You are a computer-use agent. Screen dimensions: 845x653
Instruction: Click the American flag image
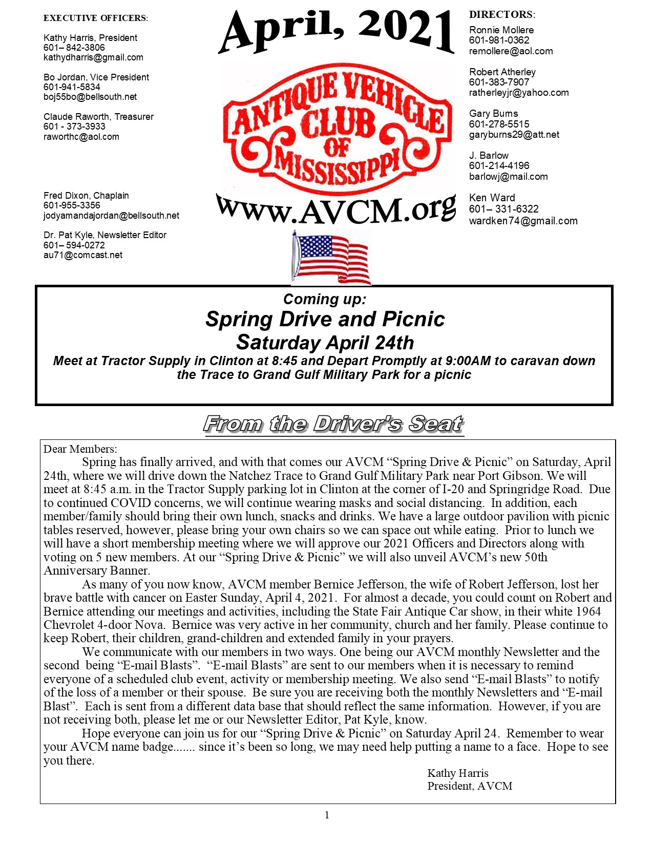click(331, 258)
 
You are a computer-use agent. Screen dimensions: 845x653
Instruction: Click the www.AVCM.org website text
click(336, 209)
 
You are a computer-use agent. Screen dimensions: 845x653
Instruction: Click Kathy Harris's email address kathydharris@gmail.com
click(93, 57)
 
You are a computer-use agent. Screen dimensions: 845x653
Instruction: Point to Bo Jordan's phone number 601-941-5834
click(72, 87)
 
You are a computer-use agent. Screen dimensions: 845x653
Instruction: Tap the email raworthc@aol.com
click(81, 137)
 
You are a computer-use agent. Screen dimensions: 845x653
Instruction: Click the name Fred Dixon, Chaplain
click(86, 196)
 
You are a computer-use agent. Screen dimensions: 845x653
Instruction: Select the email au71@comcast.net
click(83, 255)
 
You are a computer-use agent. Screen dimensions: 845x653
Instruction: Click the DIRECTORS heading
click(502, 15)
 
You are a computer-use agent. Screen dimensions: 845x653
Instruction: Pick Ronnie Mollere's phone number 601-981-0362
click(499, 40)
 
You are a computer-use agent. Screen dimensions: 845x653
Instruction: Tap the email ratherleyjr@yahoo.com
click(519, 93)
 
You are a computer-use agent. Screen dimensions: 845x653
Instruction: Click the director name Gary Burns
click(493, 114)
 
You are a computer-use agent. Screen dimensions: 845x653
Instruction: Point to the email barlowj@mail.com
click(508, 177)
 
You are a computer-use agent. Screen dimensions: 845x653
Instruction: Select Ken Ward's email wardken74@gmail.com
click(523, 221)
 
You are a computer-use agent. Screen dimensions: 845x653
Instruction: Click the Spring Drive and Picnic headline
click(325, 319)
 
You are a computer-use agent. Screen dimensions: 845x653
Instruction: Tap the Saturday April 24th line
click(325, 342)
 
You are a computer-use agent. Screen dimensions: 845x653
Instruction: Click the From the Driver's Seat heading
click(333, 424)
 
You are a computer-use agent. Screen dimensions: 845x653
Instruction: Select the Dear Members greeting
click(80, 449)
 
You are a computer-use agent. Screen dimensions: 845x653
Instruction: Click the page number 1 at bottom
click(327, 815)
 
